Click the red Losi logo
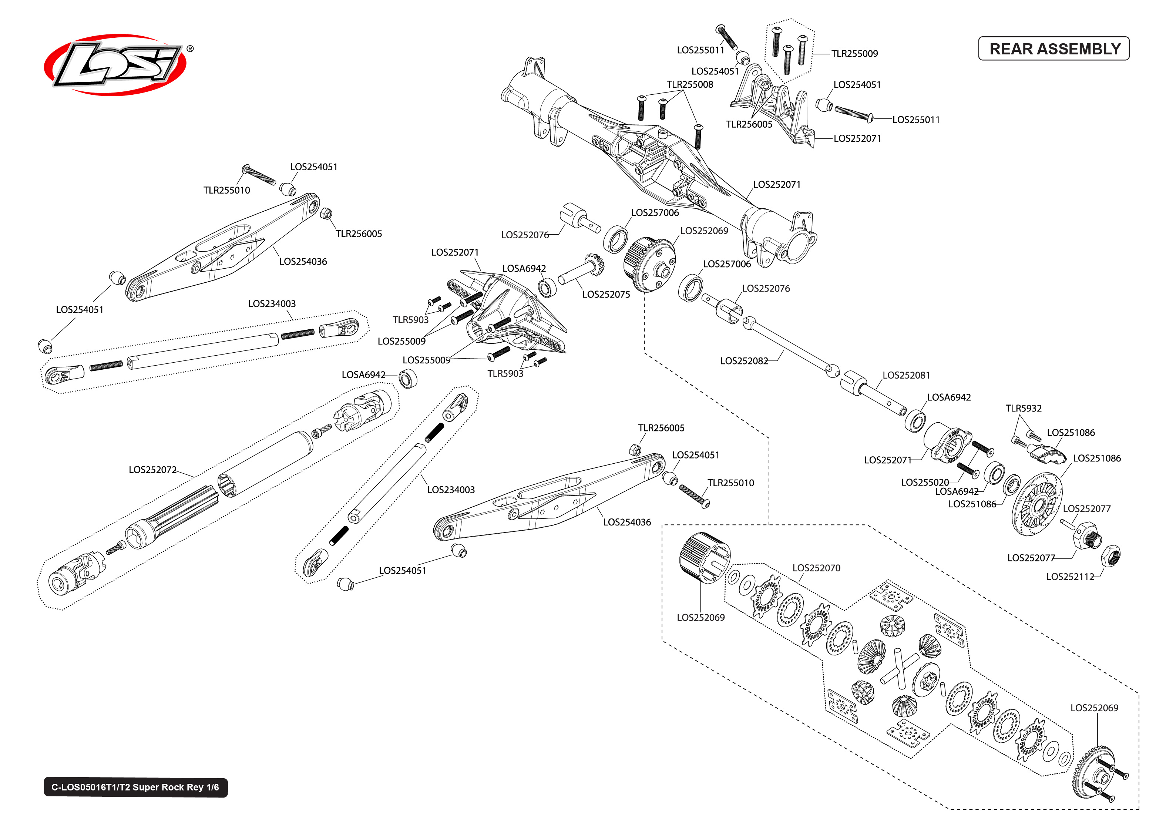tap(115, 65)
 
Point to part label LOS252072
tap(152, 470)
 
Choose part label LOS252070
tap(816, 568)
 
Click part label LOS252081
tap(905, 376)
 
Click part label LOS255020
tap(924, 483)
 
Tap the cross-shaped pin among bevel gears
tap(899, 666)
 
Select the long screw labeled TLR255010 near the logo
tap(259, 175)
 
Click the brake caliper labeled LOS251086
tap(1046, 453)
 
